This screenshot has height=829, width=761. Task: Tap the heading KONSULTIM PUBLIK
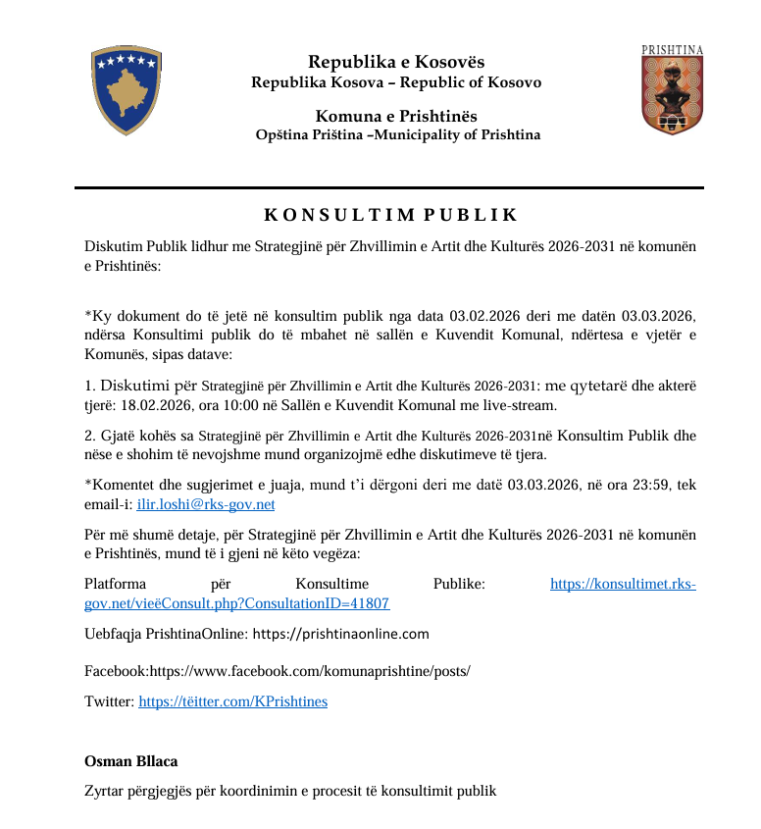click(x=390, y=215)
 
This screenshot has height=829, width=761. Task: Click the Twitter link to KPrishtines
click(x=232, y=701)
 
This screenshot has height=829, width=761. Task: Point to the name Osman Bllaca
click(x=131, y=761)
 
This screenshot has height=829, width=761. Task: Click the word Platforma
click(x=118, y=584)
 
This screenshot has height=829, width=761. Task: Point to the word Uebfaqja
click(x=114, y=634)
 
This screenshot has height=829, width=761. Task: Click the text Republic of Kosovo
click(x=484, y=82)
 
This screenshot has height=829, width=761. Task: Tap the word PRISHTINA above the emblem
click(x=672, y=49)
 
